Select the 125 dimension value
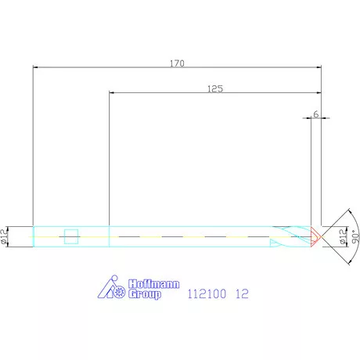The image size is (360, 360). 215,89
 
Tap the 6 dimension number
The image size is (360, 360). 315,114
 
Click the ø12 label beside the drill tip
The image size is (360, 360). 342,236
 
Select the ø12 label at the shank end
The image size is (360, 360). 5,236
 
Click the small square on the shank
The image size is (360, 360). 70,236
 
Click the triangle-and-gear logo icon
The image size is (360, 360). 114,289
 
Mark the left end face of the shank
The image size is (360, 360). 33,236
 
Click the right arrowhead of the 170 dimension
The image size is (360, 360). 318,69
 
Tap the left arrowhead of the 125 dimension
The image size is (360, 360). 112,93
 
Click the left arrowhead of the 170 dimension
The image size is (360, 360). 36,69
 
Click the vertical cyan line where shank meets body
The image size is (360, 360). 109,236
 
